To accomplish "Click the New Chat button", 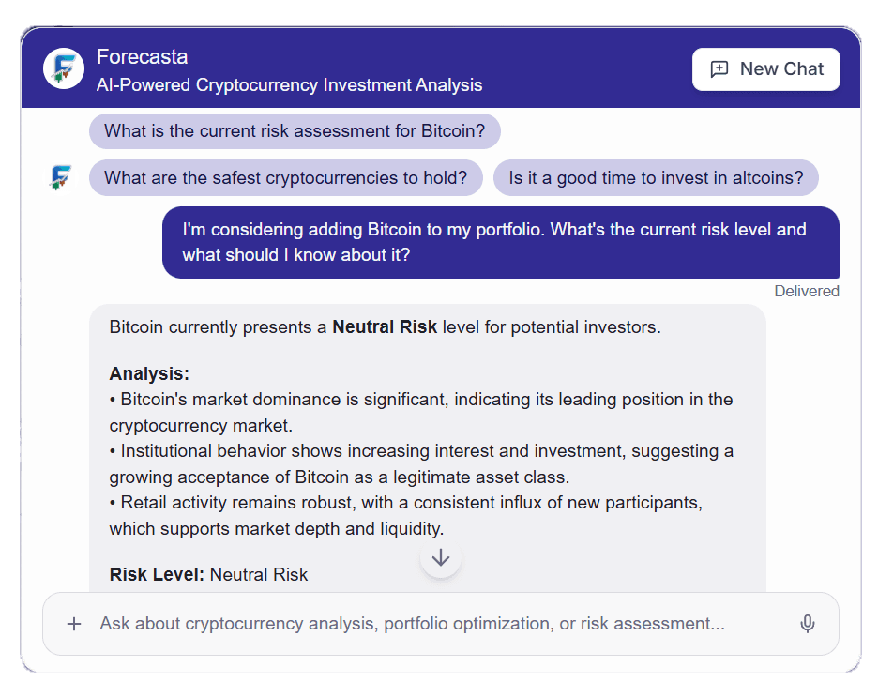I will point(766,69).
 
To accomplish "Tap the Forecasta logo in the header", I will point(64,68).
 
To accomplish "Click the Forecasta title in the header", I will point(142,57).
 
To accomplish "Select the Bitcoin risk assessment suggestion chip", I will point(295,131).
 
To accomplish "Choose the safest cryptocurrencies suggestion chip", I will point(285,177).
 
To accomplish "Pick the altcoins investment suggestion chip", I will point(656,177).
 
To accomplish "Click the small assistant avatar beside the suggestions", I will point(61,177).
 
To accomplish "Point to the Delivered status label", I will point(806,291).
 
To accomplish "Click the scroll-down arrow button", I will point(441,558).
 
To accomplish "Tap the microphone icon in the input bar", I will point(807,624).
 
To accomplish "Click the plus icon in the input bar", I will point(74,624).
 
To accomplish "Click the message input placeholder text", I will point(413,624).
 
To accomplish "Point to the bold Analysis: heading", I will point(149,374).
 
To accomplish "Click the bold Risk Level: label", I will point(157,574).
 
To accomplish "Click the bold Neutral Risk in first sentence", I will point(385,328).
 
